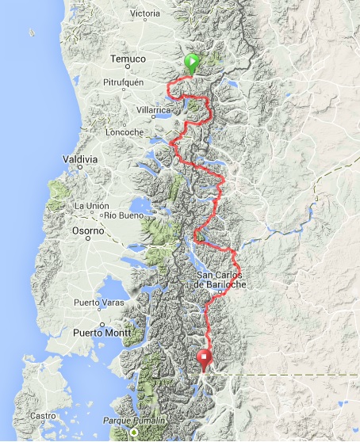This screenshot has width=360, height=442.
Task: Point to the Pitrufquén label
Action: point(125,82)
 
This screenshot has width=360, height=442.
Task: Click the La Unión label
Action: point(90,206)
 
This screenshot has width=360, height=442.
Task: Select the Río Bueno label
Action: point(123,215)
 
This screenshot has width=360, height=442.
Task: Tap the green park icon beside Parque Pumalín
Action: point(134,432)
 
